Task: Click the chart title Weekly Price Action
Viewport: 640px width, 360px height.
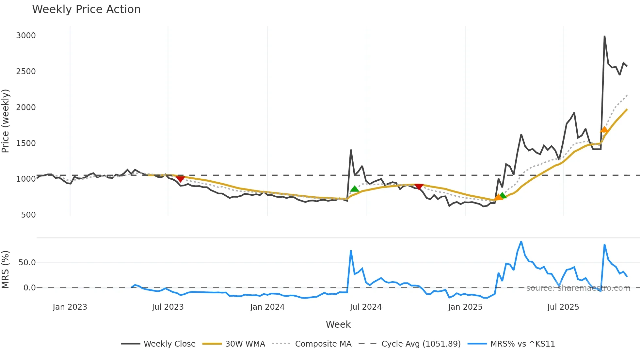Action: pos(86,9)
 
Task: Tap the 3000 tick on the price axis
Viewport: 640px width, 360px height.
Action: pos(26,36)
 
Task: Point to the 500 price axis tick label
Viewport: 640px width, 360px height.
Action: pos(28,215)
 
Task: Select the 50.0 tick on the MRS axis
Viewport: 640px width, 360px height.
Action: pos(27,263)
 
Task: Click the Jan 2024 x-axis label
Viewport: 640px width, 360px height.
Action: pos(267,307)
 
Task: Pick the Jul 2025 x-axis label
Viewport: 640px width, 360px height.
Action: pos(563,307)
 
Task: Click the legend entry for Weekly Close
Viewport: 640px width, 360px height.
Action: pos(158,344)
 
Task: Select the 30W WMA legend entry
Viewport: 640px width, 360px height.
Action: pos(234,344)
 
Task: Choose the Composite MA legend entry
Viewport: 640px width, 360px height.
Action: pos(312,344)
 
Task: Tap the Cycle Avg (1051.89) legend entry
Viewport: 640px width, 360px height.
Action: pos(409,344)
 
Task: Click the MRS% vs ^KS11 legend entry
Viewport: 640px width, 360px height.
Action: pos(511,344)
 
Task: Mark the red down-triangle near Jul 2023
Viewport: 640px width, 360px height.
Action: pos(180,178)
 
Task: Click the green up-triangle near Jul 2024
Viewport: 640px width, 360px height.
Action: pos(354,189)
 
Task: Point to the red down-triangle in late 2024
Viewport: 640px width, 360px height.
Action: pos(419,187)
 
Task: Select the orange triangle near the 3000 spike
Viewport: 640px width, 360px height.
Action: pos(604,130)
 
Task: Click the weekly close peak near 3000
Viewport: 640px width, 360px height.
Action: pos(604,36)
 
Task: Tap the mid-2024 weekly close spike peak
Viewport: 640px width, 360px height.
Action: pos(351,150)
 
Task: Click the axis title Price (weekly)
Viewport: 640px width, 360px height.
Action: pos(6,121)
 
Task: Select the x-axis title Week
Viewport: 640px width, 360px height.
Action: pos(338,325)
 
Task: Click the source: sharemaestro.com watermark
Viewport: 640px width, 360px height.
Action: pos(578,288)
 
